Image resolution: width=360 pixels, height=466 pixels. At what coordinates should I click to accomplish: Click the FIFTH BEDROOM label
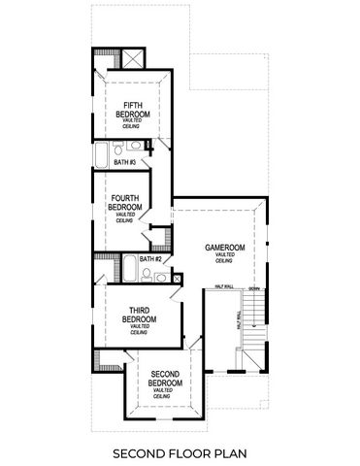[x=134, y=108]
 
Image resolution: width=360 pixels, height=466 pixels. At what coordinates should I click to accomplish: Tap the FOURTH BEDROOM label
[x=124, y=203]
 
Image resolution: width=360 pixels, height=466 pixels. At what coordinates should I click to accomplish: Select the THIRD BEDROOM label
[x=132, y=315]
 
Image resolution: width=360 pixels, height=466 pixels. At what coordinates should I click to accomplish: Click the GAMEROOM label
[x=224, y=248]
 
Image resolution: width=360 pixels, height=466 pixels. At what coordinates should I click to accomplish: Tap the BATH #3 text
[x=125, y=162]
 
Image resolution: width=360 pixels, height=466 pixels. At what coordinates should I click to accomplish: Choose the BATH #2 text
[x=148, y=259]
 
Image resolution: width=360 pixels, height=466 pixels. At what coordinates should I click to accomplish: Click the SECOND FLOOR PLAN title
[x=179, y=452]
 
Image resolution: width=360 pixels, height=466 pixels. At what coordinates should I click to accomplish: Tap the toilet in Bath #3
[x=117, y=148]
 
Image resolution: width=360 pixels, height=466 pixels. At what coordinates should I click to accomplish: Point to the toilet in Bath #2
[x=147, y=274]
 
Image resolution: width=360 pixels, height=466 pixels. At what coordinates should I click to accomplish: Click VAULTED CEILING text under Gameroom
[x=224, y=258]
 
